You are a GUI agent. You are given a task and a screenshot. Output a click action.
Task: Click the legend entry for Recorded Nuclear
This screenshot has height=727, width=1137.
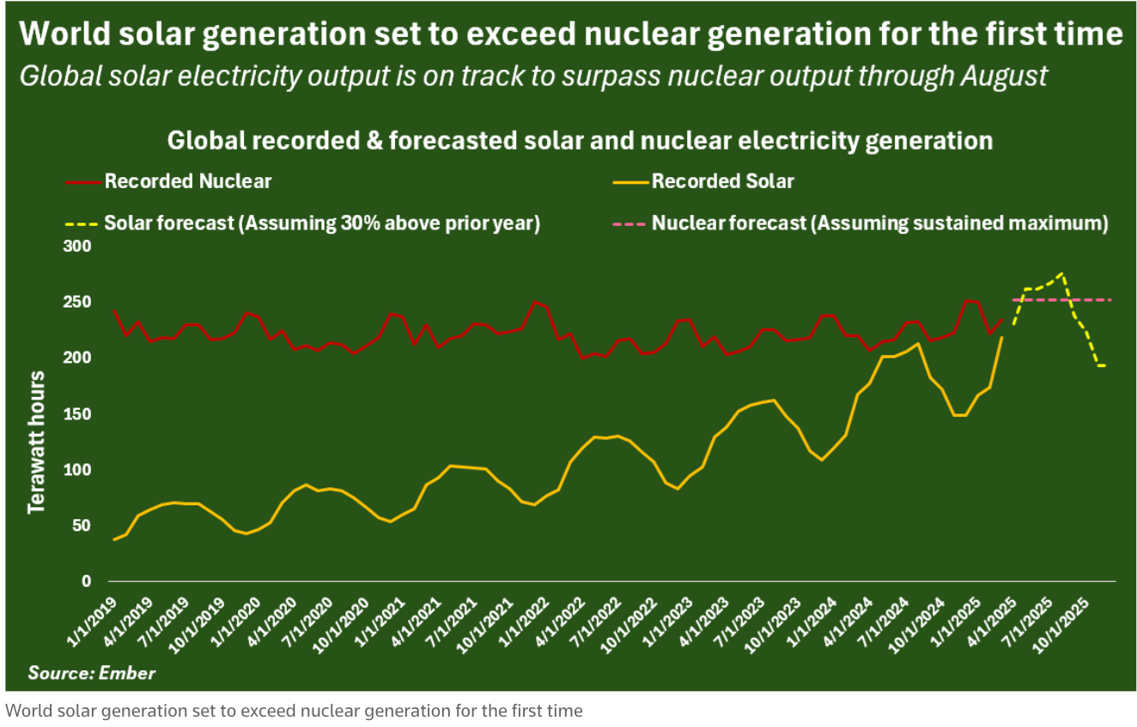[187, 181]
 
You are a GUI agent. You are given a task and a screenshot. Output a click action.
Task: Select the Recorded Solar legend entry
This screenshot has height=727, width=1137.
[722, 181]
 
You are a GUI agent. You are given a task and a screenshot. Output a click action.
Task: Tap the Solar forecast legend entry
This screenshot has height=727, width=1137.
[321, 223]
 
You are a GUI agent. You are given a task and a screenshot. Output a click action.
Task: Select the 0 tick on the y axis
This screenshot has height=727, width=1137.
[85, 582]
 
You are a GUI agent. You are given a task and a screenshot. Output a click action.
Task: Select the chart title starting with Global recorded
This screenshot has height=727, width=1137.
[580, 140]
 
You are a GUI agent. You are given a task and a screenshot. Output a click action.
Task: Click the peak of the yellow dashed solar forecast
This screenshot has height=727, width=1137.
[1063, 273]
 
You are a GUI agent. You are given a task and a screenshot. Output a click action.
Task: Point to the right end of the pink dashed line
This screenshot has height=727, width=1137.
[1111, 300]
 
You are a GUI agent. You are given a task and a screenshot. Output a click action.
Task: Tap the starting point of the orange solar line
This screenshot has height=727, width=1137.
[114, 540]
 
